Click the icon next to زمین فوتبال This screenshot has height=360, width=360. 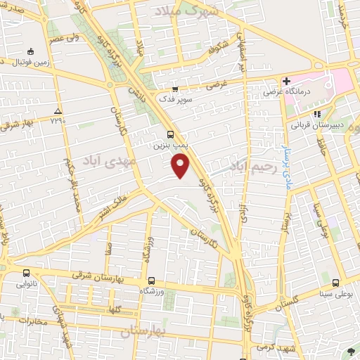click(x=30, y=51)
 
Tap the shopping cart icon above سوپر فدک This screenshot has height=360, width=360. click(x=175, y=89)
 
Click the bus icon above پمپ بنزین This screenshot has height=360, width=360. click(x=169, y=134)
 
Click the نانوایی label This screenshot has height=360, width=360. click(x=26, y=285)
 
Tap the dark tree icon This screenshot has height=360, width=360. click(x=351, y=350)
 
